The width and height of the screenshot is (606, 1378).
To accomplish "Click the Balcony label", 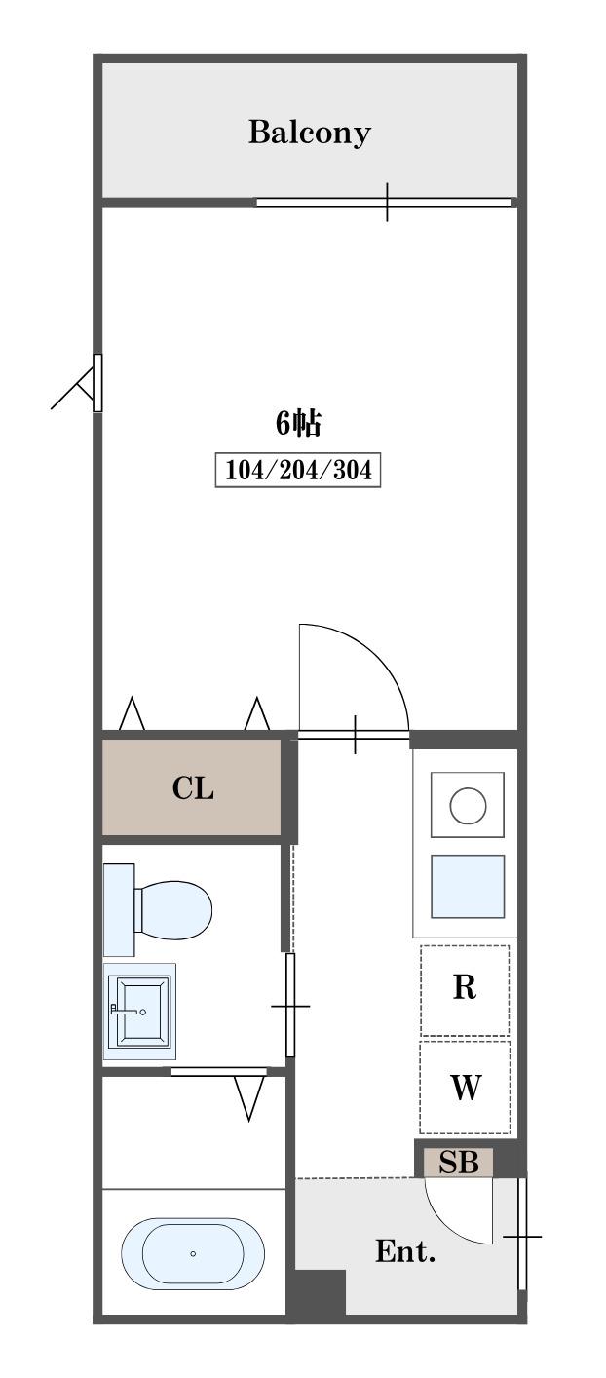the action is coord(310,133).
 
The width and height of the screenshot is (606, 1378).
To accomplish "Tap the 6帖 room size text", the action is coord(298,423).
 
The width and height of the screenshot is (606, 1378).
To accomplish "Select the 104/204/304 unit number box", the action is coord(298,471).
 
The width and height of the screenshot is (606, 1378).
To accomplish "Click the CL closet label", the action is coord(193,787).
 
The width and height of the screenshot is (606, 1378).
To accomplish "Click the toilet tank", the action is coord(119,910).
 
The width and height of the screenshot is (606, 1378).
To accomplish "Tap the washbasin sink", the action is coord(139,1012).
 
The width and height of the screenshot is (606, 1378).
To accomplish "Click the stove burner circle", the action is coord(468,805).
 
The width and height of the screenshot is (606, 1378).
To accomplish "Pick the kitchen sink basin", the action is coord(468,887).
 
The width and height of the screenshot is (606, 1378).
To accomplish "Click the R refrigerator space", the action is coord(465,988).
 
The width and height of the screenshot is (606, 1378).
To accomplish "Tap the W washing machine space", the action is coord(465,1087).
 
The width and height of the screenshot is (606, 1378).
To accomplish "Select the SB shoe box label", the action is coord(458,1162).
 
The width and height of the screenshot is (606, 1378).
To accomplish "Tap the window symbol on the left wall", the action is coord(97,383).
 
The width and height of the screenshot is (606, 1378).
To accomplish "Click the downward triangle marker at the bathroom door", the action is coord(249,1097).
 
